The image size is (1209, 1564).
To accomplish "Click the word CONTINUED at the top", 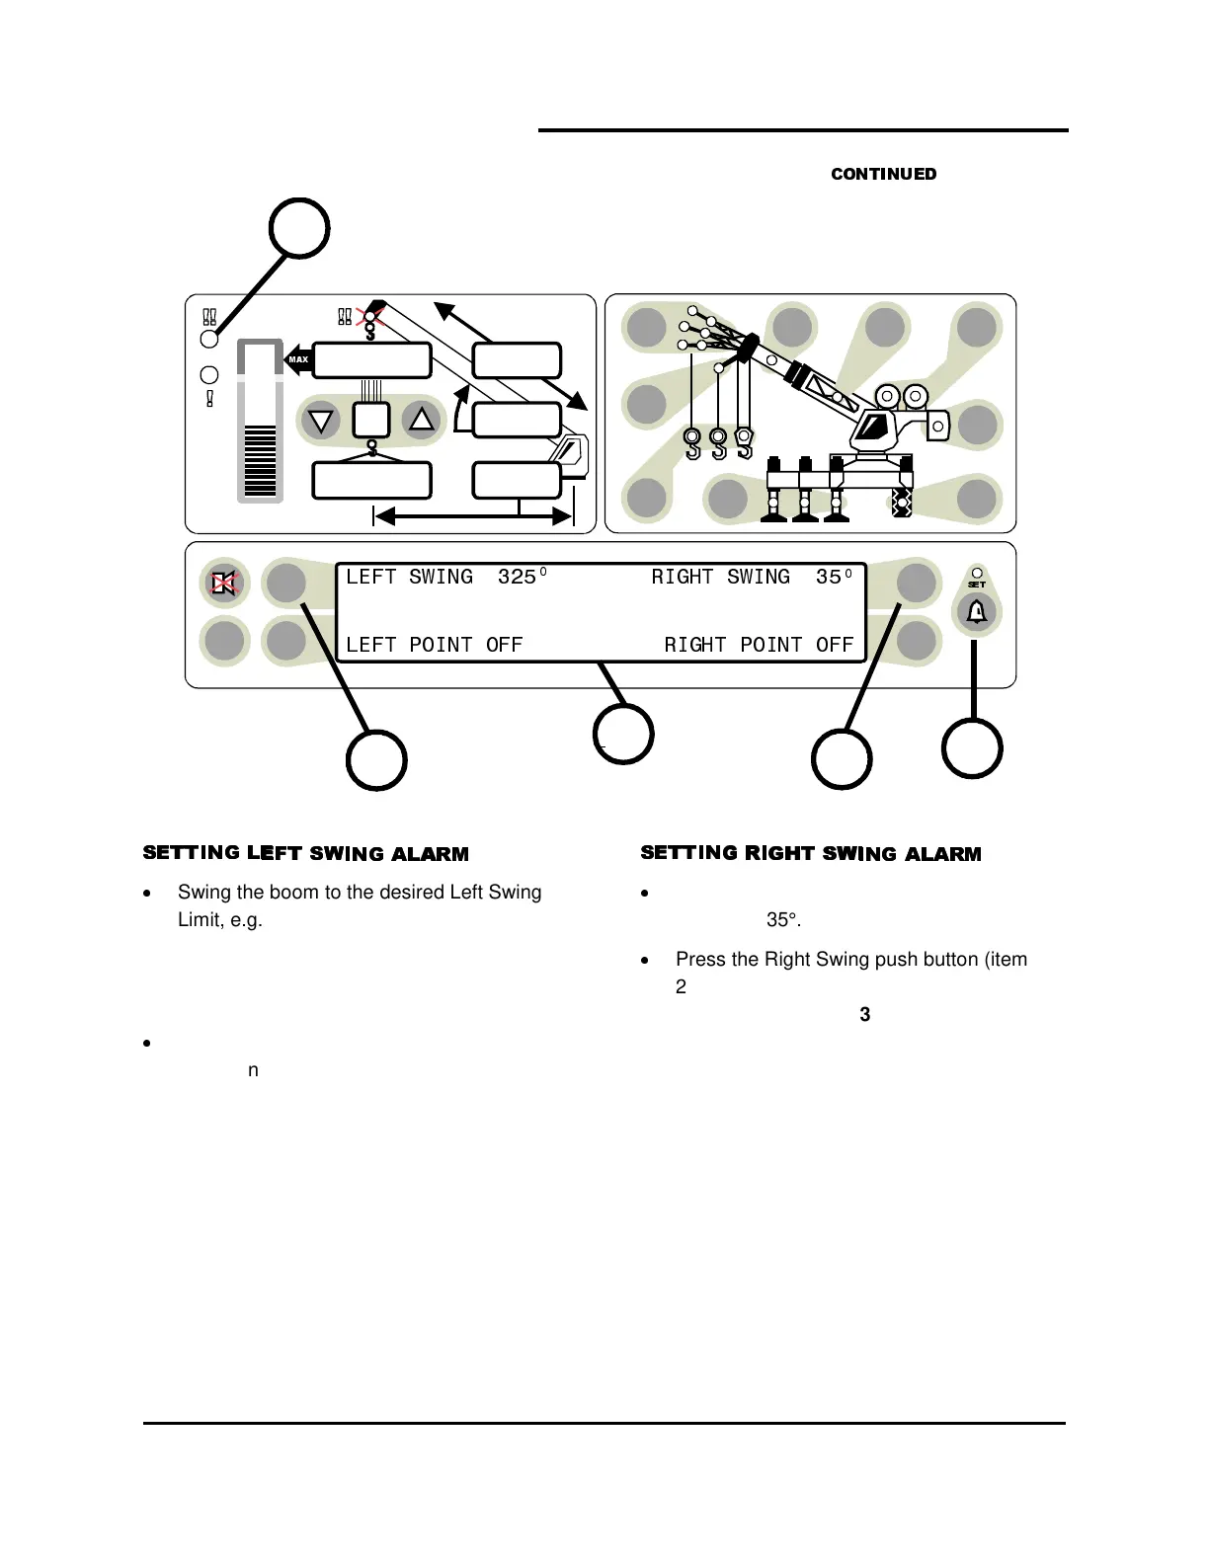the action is pyautogui.click(x=883, y=174).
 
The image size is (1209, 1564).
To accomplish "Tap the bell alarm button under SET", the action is pyautogui.click(x=976, y=612).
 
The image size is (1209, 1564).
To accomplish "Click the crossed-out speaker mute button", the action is pyautogui.click(x=224, y=584).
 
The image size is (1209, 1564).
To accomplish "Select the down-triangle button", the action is pyautogui.click(x=320, y=421).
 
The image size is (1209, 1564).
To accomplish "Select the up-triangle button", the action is pyautogui.click(x=422, y=420).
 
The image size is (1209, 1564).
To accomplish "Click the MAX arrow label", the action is pyautogui.click(x=297, y=359).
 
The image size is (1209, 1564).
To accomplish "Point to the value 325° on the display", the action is pyautogui.click(x=522, y=577).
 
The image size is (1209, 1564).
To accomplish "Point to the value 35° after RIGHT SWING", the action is pyautogui.click(x=834, y=577).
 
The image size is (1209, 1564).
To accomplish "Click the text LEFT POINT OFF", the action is pyautogui.click(x=434, y=645).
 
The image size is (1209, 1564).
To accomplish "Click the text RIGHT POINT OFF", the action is pyautogui.click(x=759, y=645).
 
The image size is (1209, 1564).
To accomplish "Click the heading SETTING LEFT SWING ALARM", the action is pyautogui.click(x=306, y=853).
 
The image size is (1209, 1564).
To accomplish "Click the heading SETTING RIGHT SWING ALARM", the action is pyautogui.click(x=811, y=853).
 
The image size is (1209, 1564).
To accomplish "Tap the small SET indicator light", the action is pyautogui.click(x=976, y=573).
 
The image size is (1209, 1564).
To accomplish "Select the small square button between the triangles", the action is pyautogui.click(x=372, y=421).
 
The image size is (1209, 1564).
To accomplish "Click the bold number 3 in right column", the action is pyautogui.click(x=865, y=1014).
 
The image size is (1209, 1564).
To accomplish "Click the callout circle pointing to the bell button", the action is pyautogui.click(x=972, y=748).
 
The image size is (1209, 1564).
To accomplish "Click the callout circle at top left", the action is pyautogui.click(x=299, y=228).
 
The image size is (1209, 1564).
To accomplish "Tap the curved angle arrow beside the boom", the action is pyautogui.click(x=459, y=410).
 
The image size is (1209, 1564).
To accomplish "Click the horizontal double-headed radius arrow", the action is pyautogui.click(x=473, y=516).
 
